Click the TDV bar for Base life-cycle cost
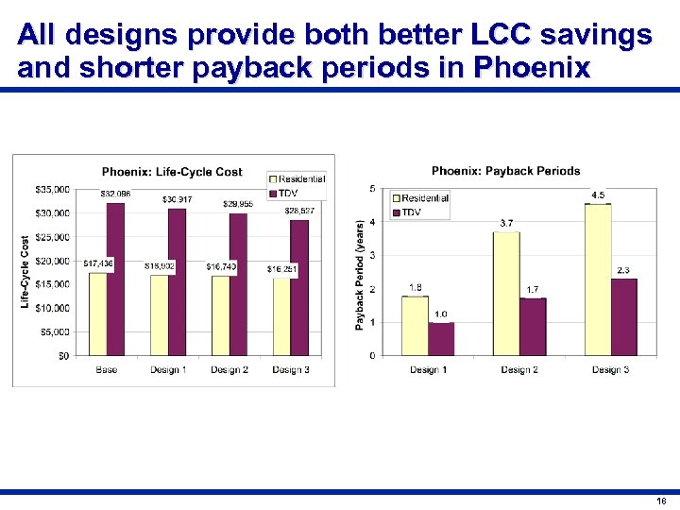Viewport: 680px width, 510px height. [115, 279]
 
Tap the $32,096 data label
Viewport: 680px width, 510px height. [115, 194]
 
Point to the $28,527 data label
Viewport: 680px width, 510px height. [299, 211]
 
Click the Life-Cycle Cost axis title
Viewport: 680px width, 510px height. [25, 271]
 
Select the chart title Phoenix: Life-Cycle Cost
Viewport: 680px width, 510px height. [172, 172]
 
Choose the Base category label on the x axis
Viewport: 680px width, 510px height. [107, 369]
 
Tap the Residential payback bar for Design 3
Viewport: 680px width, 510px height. [598, 279]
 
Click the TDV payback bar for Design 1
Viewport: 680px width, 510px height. [441, 338]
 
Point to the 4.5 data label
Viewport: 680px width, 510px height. [598, 195]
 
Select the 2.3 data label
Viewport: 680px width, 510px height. [623, 270]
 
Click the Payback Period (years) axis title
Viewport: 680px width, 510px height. [360, 275]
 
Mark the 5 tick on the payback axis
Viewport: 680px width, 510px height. [372, 189]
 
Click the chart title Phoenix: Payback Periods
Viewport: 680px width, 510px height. [505, 171]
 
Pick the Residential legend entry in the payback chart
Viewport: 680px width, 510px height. [420, 198]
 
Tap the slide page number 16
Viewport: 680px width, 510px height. [660, 501]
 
